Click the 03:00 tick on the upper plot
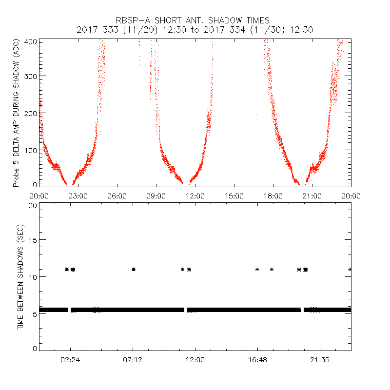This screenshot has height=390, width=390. [78, 195]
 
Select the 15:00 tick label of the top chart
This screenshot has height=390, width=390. [234, 195]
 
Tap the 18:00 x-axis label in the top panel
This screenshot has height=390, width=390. [273, 195]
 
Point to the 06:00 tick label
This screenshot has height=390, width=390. [117, 195]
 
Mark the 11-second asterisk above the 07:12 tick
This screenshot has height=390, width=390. [133, 269]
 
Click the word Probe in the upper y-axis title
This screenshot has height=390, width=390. [17, 176]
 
